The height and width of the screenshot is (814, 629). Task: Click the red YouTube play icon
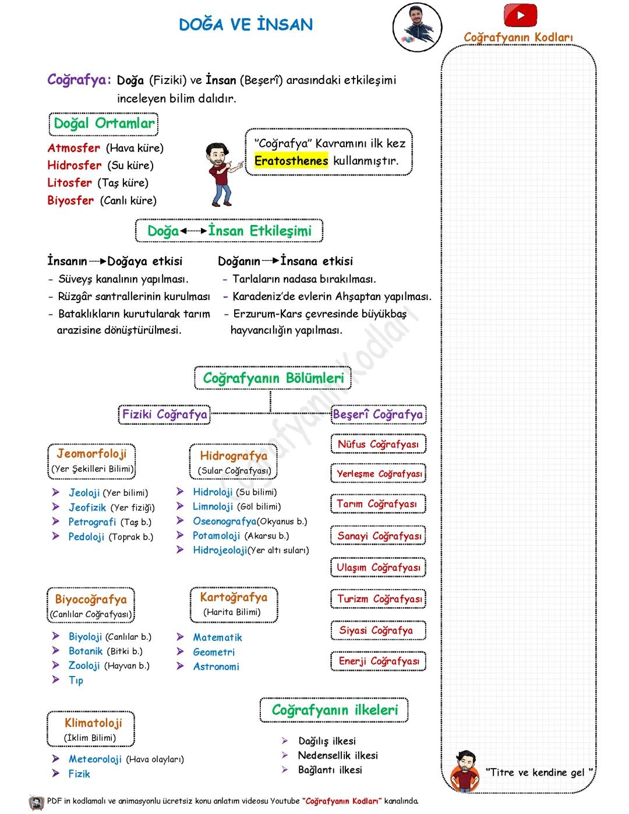(x=520, y=15)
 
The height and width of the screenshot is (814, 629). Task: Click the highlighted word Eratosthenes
(x=291, y=161)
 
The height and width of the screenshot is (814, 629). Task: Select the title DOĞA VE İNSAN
(x=246, y=24)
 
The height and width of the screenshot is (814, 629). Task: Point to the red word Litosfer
(x=70, y=183)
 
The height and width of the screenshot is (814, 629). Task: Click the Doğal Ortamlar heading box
(x=104, y=124)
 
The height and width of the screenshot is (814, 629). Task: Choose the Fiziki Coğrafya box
(x=164, y=415)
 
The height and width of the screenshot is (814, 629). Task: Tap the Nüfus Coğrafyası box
(x=378, y=445)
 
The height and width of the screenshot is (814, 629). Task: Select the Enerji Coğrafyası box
(x=379, y=661)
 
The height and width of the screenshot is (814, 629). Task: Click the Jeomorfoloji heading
(x=91, y=453)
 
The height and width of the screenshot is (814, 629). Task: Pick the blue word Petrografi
(x=92, y=522)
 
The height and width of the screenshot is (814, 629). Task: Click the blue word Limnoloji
(x=213, y=507)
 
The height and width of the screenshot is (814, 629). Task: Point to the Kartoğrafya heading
(x=234, y=597)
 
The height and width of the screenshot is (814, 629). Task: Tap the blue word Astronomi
(x=216, y=667)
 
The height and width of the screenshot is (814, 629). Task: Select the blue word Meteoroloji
(x=95, y=759)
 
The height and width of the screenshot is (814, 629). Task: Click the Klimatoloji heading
(x=93, y=723)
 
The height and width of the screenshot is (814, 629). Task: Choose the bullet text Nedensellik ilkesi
(x=338, y=756)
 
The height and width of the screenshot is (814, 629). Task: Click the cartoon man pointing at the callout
(x=222, y=173)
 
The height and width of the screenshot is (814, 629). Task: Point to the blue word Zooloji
(x=84, y=666)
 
